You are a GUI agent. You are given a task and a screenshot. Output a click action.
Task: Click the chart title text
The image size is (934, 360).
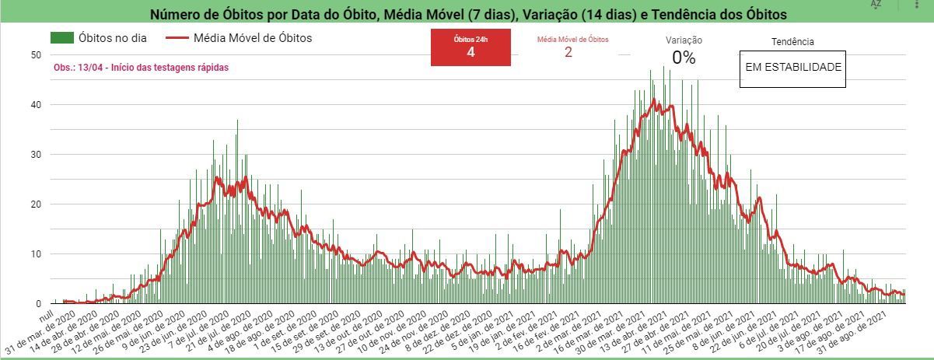[x=468, y=15]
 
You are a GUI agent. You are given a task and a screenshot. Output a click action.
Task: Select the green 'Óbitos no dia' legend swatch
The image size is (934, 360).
[x=62, y=37]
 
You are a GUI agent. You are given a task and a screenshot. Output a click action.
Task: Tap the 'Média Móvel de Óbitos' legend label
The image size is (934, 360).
[x=252, y=37]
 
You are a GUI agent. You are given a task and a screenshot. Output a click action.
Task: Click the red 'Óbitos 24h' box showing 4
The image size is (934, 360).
[x=470, y=47]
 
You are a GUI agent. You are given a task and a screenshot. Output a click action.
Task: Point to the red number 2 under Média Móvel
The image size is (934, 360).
[x=568, y=52]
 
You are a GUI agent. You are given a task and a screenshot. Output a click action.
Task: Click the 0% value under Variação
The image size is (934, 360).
[x=684, y=58]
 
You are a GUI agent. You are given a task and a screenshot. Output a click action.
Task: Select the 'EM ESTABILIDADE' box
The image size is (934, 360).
[x=793, y=68]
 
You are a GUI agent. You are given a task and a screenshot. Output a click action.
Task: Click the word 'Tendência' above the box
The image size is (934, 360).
[x=792, y=42]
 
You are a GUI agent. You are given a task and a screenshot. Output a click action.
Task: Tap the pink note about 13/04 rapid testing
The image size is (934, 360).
[x=141, y=68]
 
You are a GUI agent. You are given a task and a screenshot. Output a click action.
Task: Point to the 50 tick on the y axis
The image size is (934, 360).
[x=35, y=54]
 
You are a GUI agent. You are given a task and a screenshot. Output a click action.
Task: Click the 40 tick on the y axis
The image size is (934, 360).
[x=35, y=104]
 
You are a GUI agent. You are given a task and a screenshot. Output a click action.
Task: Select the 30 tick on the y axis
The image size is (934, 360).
[x=35, y=154]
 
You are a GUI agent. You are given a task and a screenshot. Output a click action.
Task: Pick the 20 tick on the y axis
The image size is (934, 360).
[x=35, y=204]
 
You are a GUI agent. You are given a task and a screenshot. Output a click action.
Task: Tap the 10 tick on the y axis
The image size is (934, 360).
[x=35, y=253]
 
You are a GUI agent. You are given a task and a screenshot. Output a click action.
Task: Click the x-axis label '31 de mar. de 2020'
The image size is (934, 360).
[x=39, y=331]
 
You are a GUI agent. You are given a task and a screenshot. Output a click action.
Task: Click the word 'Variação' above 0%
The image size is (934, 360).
[x=684, y=40]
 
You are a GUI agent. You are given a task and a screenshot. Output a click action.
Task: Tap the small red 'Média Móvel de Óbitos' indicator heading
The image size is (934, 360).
[x=573, y=39]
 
